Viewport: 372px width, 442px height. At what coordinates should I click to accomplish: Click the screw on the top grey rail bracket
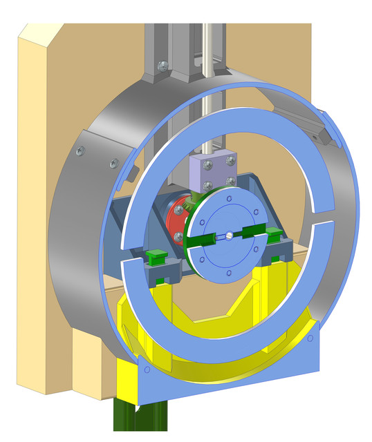[x=162, y=66]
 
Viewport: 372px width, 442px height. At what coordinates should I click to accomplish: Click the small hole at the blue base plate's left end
[x=146, y=369]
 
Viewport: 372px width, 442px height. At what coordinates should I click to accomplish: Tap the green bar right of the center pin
[x=252, y=230]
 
